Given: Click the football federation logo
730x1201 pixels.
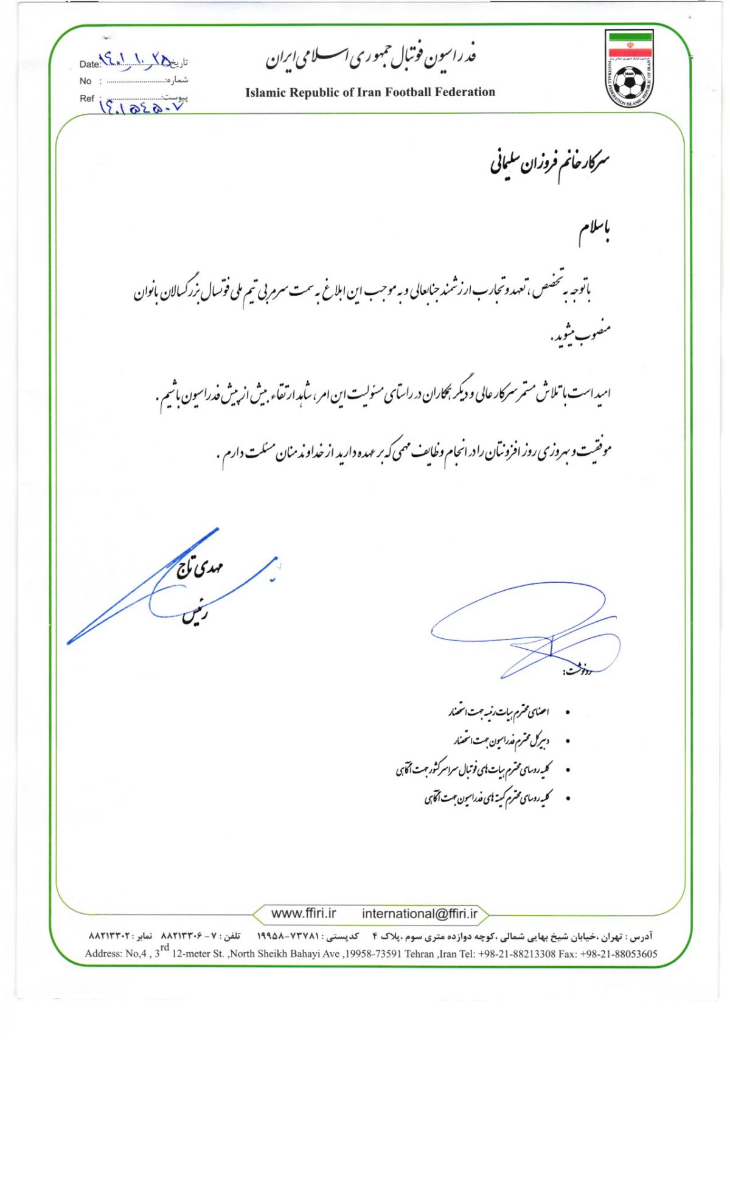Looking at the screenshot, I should click(630, 69).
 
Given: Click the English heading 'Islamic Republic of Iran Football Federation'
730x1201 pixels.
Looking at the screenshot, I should click(370, 92).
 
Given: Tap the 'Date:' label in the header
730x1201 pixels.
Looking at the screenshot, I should click(89, 64).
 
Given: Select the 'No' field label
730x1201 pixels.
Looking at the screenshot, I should click(85, 81).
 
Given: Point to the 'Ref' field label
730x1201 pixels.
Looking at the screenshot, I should click(87, 99).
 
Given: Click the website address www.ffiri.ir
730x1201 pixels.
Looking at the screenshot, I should click(304, 913).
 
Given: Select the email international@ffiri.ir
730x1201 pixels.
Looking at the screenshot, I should click(420, 913).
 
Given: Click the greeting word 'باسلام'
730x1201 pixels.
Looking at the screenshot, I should click(594, 232).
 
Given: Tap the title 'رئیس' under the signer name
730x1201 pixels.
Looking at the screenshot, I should click(195, 614).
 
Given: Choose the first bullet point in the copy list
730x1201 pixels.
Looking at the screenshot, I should click(568, 712).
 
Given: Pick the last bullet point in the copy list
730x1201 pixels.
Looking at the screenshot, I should click(568, 798).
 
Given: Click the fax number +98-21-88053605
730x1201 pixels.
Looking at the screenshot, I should click(619, 953).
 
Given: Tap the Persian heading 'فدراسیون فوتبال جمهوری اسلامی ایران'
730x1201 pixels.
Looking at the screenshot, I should click(370, 57).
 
